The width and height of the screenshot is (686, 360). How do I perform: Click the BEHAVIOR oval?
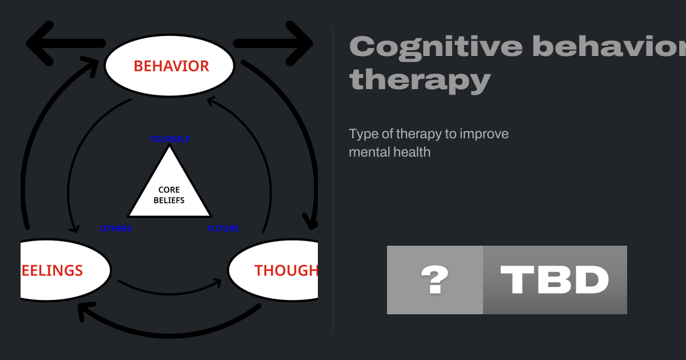(170, 66)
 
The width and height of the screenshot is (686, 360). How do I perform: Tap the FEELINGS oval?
(63, 270)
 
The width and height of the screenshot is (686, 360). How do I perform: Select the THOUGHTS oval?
(274, 270)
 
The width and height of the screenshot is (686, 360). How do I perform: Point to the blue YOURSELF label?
(169, 139)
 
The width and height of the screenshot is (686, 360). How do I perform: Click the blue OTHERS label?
(116, 229)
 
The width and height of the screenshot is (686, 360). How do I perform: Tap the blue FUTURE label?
(223, 229)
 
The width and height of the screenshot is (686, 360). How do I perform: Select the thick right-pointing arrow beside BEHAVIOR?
(274, 44)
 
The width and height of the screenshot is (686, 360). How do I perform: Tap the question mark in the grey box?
(434, 280)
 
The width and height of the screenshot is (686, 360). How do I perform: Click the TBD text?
(555, 280)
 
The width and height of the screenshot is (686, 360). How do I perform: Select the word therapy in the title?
(420, 80)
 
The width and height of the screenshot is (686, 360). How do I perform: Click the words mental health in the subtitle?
(389, 152)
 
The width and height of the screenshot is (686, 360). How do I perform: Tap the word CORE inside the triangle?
(169, 190)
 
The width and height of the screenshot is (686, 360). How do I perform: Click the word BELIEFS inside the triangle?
(169, 201)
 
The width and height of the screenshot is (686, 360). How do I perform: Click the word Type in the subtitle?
(362, 134)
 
